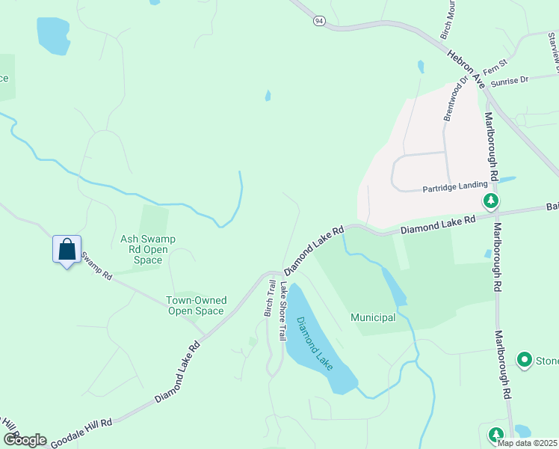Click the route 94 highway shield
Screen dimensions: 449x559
(x=319, y=21)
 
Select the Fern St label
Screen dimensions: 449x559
(x=495, y=68)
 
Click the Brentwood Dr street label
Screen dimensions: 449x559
(x=455, y=99)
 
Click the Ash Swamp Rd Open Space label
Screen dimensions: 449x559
(x=148, y=249)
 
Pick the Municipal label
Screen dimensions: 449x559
(x=373, y=318)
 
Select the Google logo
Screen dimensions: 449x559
(x=24, y=440)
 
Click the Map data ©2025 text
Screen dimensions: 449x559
(x=527, y=443)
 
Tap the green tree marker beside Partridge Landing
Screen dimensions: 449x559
(x=491, y=201)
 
